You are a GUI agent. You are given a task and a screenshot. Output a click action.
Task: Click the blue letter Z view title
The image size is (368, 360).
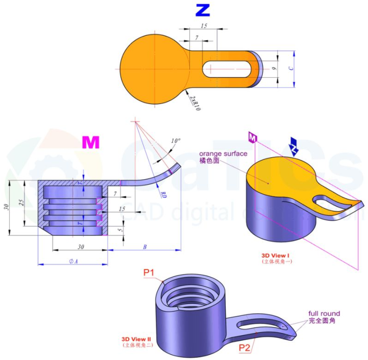coord(202,10)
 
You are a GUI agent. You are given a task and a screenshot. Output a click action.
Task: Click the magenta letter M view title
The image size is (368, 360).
coord(91,143)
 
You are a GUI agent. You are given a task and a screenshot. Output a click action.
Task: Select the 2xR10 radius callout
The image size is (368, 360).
coord(195,102)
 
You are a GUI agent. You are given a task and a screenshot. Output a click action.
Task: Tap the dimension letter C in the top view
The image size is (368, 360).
coord(292,69)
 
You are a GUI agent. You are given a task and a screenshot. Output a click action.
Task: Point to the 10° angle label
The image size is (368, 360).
coord(176,141)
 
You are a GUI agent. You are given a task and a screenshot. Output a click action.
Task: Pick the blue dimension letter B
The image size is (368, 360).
coord(145,247)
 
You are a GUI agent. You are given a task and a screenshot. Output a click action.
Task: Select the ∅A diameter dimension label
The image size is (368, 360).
coord(73,261)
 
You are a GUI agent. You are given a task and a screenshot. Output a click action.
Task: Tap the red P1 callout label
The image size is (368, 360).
coord(149,273)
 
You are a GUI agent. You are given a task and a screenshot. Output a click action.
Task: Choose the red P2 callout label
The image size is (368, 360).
coord(245,347)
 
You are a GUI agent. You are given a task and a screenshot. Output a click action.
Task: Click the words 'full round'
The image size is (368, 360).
coord(324,313)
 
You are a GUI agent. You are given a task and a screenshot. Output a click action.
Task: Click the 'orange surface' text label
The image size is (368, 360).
coord(223,154)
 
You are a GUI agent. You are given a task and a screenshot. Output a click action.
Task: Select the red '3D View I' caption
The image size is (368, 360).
coord(276,255)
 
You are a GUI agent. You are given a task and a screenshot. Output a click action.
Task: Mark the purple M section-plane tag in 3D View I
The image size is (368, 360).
coord(252,137)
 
